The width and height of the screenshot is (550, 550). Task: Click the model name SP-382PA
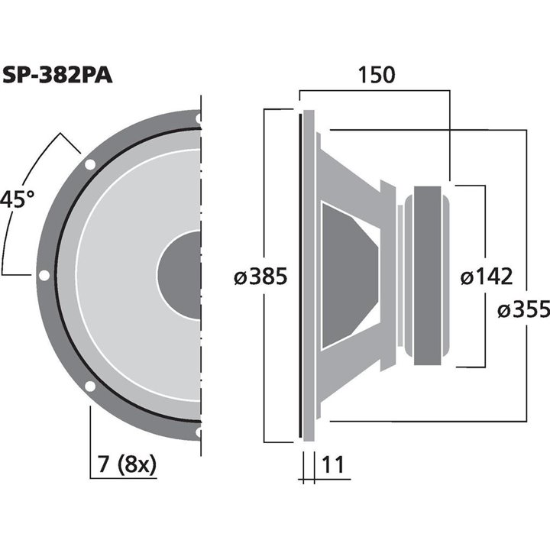58,76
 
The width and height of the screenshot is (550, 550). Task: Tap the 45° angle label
17,200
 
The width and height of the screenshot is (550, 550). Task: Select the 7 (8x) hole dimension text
122,464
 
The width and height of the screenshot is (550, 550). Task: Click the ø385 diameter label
260,277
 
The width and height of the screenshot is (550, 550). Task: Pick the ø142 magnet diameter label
486,277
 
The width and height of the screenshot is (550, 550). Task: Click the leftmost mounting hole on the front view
44,275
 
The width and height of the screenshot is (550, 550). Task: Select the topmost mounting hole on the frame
199,119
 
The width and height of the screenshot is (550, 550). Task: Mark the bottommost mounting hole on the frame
199,432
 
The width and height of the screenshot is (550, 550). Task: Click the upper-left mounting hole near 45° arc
89,164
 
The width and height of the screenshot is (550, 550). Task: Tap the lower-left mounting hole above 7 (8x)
89,387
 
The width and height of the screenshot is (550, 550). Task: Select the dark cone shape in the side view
348,275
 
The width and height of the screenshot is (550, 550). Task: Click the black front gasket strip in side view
299,275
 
